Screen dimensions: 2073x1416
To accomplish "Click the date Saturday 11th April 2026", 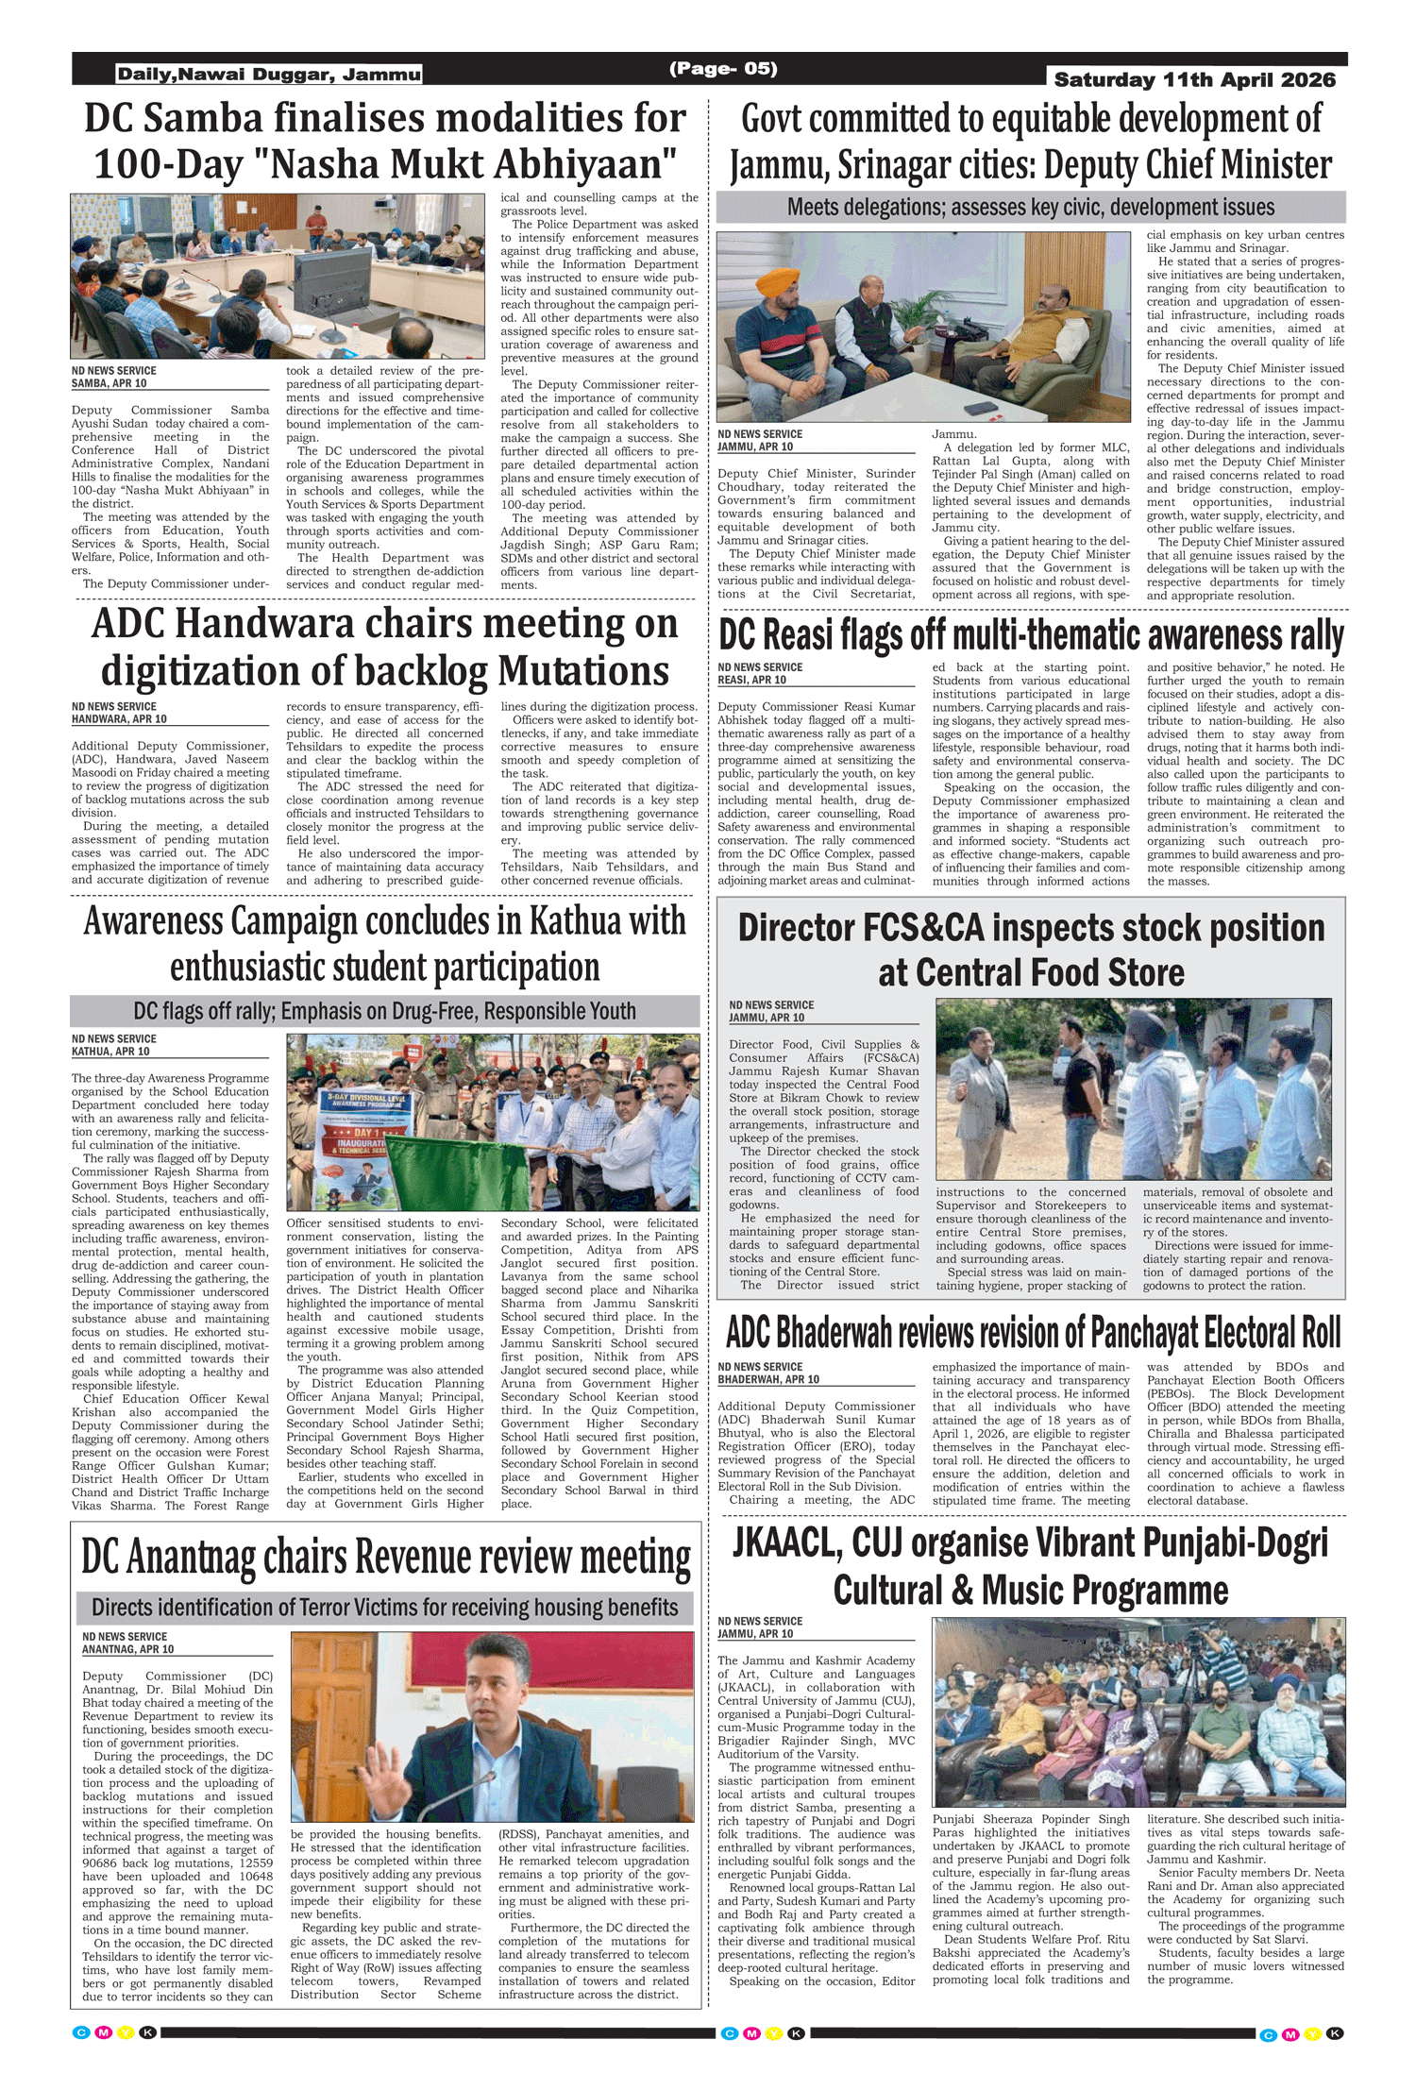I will coord(1194,80).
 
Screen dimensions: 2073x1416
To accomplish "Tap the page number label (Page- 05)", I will coord(723,68).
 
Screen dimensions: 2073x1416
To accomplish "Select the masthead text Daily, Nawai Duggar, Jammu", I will coord(269,75).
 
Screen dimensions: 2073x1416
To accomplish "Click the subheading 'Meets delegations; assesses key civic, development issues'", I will coord(1030,208).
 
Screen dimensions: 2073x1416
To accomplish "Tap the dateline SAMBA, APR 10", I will coord(109,383).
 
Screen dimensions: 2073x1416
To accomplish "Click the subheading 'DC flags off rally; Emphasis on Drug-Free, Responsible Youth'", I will coord(384,1011).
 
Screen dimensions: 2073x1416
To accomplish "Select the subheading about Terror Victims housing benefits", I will coord(384,1608).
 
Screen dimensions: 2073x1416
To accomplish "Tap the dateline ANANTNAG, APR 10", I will coord(127,1649).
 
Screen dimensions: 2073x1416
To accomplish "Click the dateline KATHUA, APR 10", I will coord(110,1051).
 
